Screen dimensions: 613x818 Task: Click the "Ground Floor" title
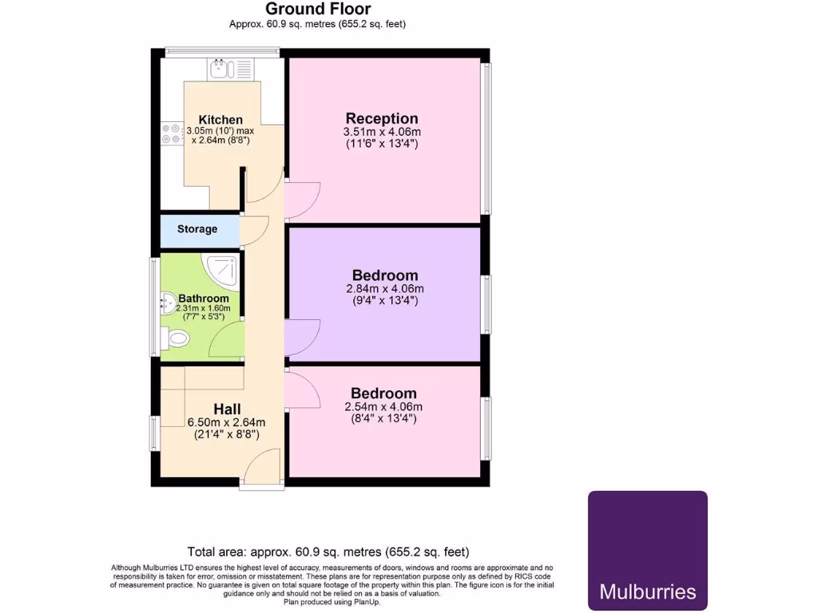coord(318,10)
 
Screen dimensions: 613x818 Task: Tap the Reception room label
coord(382,119)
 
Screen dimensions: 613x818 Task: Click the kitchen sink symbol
coord(221,69)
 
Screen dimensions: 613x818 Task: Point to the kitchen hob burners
coord(171,132)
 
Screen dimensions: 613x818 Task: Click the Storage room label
coord(197,229)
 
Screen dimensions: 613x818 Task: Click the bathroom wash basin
coord(169,302)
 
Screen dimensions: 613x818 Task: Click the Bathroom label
coord(204,299)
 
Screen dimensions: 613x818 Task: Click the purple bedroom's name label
coord(386,275)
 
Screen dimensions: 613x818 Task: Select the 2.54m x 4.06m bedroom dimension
coord(384,406)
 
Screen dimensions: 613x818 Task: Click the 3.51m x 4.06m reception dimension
coord(382,132)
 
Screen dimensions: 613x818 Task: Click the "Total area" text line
coord(328,552)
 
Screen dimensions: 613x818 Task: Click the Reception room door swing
coord(302,196)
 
